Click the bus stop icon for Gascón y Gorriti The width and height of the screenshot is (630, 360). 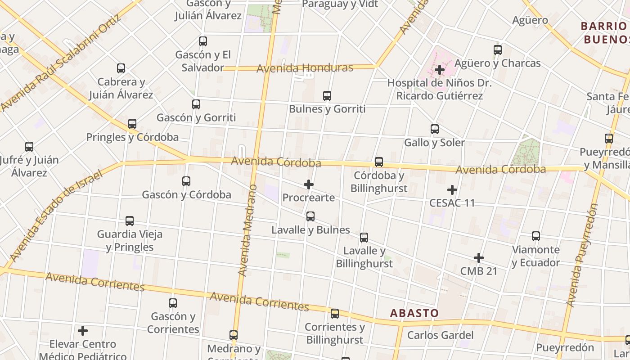(x=196, y=104)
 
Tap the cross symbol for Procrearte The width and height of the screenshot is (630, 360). (x=309, y=184)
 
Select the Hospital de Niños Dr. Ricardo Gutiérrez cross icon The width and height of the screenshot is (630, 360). (x=440, y=70)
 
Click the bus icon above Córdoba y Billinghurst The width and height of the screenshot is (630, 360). (x=379, y=162)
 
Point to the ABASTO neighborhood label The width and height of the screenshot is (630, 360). (x=414, y=313)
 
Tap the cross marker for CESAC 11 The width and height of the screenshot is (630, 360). (x=452, y=190)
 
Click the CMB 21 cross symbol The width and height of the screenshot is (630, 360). (x=479, y=258)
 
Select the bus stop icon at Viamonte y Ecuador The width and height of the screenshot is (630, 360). (x=536, y=236)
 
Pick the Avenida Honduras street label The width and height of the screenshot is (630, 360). (x=305, y=68)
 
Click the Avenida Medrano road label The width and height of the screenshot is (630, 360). (x=248, y=230)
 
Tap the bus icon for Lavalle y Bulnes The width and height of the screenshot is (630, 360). (x=310, y=216)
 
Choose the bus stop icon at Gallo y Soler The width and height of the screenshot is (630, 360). (x=435, y=129)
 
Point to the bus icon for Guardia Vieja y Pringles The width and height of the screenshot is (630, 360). (x=130, y=221)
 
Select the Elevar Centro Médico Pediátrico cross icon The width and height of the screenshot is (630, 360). (x=83, y=331)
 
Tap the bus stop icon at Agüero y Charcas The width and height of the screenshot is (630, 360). (x=498, y=50)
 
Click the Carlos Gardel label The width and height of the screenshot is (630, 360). (x=440, y=335)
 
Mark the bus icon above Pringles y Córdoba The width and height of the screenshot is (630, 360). (x=132, y=124)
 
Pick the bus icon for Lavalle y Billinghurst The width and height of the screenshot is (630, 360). (x=364, y=238)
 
